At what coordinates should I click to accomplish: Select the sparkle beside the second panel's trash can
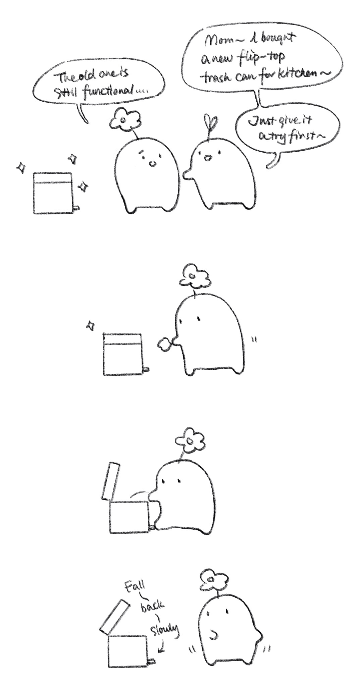(x=90, y=325)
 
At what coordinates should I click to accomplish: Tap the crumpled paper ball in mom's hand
(x=164, y=344)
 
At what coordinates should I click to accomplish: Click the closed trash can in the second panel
(x=123, y=354)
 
